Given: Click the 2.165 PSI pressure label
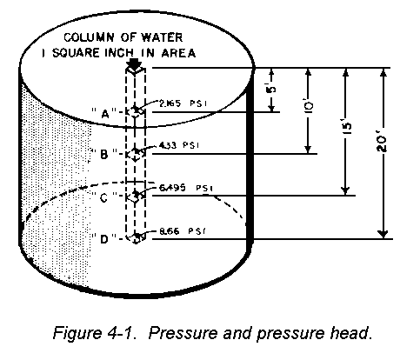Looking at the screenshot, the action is (183, 103).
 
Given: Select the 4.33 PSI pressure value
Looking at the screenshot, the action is (179, 145).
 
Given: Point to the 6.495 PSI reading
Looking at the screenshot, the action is (186, 188).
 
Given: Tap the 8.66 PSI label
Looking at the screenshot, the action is (183, 231).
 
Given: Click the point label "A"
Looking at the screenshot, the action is (104, 113).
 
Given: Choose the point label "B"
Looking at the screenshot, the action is (104, 154).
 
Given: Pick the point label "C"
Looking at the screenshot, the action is (104, 197).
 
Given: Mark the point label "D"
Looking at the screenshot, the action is (104, 239).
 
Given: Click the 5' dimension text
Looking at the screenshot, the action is (271, 89).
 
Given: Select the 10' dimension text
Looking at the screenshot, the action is (309, 105).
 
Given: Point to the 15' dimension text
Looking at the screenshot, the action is (346, 126).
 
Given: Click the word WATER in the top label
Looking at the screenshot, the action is (162, 37).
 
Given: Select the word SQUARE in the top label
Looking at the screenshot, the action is (76, 53).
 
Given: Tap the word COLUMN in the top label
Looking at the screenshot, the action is (89, 37).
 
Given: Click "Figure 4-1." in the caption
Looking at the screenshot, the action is (95, 333).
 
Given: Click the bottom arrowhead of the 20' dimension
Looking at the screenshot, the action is (383, 234).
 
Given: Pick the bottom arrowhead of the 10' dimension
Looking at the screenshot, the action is (308, 150).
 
